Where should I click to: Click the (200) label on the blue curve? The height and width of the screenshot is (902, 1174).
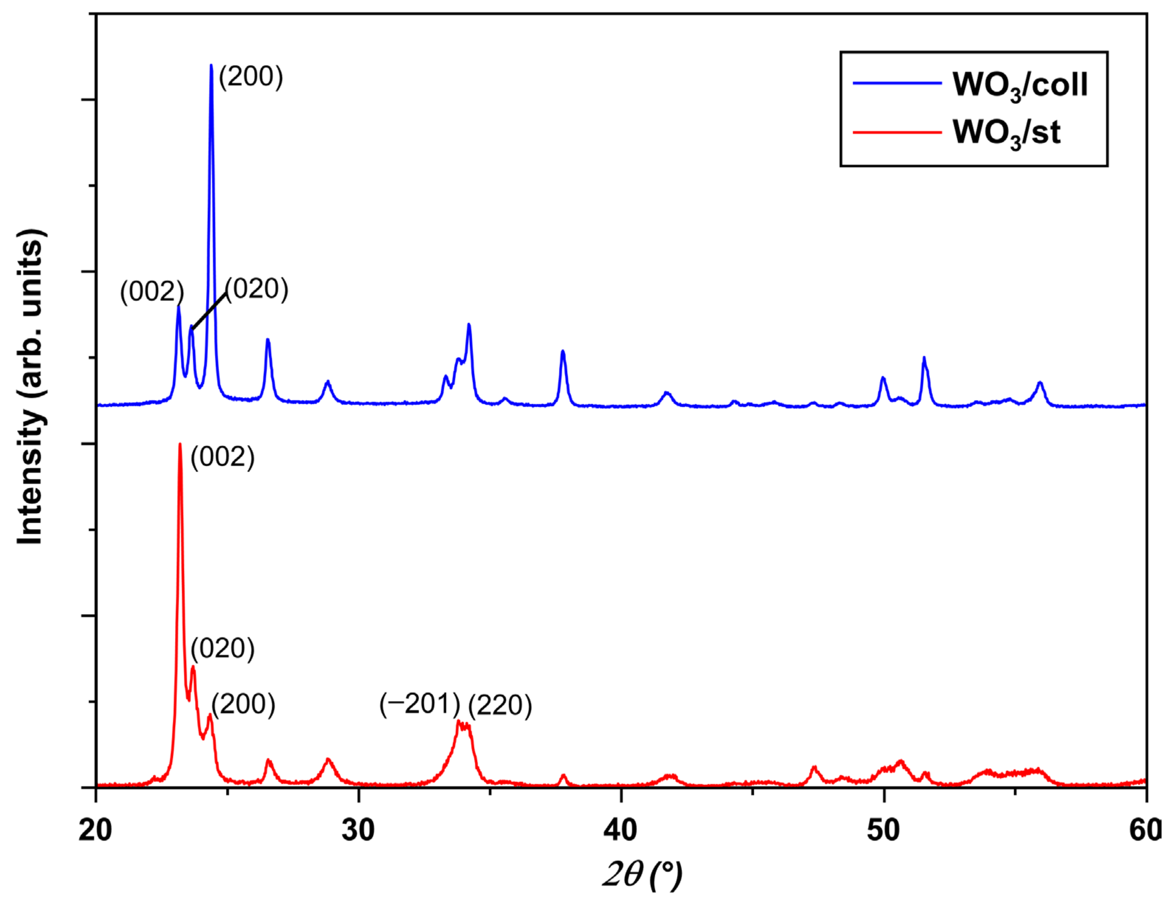coord(250,76)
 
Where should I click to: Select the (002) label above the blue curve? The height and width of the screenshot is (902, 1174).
coord(152,292)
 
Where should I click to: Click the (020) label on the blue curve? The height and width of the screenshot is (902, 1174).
coord(257,289)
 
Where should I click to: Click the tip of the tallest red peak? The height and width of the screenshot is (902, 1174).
coord(180,445)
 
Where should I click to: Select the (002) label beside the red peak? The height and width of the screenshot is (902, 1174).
coord(222,457)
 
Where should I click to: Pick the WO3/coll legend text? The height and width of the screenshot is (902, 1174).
coord(1020,85)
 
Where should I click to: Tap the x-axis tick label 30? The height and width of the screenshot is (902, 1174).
coord(358,830)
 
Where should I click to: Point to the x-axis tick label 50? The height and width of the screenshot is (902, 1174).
coord(883,830)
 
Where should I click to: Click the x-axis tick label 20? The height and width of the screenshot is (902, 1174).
coord(96,830)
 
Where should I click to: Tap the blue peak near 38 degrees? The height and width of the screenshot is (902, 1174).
coord(563,352)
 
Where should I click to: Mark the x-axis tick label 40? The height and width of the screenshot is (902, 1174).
coord(621,830)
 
